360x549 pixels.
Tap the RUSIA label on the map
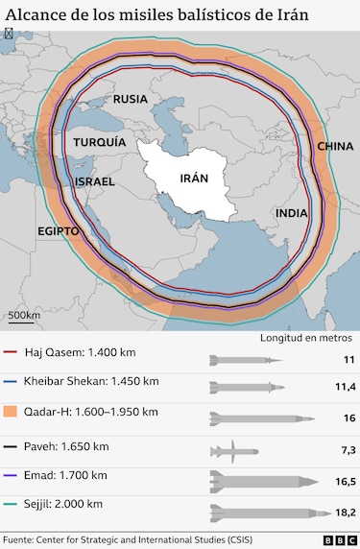point(131,99)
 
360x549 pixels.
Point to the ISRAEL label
point(94,181)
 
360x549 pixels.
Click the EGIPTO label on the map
point(58,231)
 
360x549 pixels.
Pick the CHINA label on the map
point(335,146)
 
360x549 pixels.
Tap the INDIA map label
point(292,213)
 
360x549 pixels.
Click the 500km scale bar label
point(24,314)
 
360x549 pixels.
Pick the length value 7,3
point(347,450)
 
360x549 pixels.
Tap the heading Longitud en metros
point(306,338)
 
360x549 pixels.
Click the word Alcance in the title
point(36,12)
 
